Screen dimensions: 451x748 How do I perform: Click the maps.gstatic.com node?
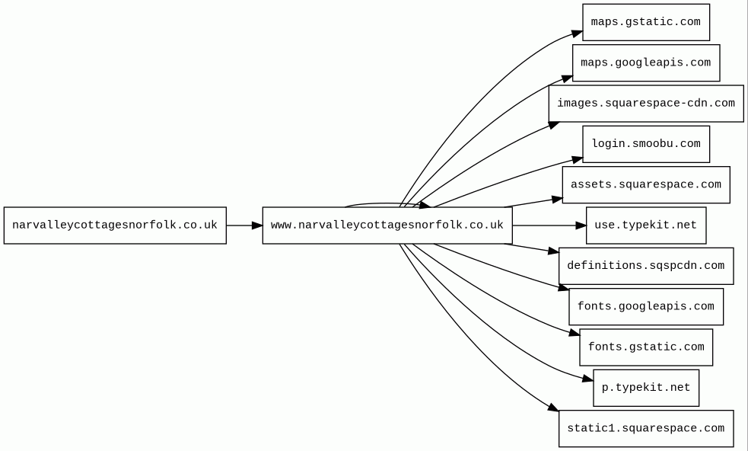click(645, 22)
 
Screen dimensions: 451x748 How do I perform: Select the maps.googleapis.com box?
click(645, 62)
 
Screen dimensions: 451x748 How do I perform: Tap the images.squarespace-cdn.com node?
click(645, 104)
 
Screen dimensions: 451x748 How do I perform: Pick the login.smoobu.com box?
click(645, 144)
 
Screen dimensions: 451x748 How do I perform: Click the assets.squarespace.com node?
click(645, 184)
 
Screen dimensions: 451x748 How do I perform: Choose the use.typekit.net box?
click(645, 225)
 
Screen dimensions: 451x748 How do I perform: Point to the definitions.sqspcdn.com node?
click(645, 266)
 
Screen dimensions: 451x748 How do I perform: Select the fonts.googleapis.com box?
click(645, 306)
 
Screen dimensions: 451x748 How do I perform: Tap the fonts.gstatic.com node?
click(645, 347)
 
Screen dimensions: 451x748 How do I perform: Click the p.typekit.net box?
click(645, 388)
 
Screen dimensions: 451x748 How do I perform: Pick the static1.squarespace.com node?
click(645, 428)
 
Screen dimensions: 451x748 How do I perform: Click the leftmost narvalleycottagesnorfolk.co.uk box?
click(115, 225)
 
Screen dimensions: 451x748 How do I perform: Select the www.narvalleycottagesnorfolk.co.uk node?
click(387, 225)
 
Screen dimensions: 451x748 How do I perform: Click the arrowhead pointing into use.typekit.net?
click(581, 225)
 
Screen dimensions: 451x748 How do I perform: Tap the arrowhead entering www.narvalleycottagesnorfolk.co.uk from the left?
click(257, 225)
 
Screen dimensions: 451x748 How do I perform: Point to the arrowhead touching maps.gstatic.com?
click(578, 34)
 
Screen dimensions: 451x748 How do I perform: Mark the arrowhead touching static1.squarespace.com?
click(553, 409)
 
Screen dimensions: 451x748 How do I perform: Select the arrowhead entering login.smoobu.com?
click(578, 158)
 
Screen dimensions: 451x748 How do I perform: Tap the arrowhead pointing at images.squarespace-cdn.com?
click(554, 124)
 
